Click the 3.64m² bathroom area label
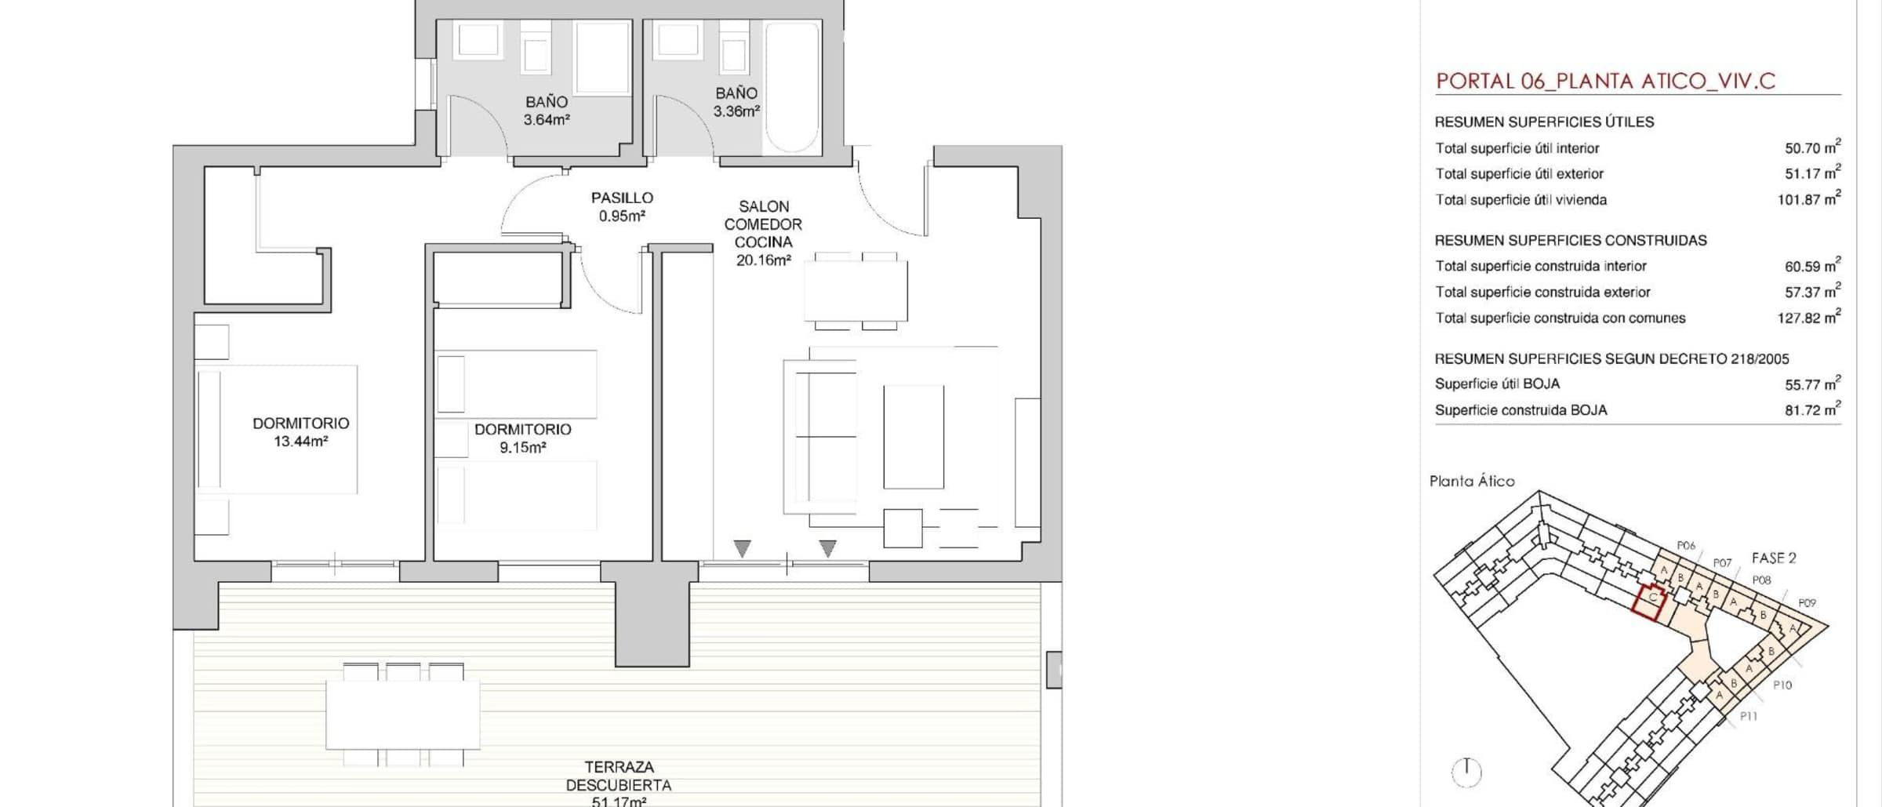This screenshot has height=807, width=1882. click(x=547, y=121)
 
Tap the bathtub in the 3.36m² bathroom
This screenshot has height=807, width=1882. click(x=792, y=87)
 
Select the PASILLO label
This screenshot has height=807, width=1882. click(x=622, y=198)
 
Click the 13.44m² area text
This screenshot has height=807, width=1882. click(x=300, y=442)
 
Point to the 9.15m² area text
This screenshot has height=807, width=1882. click(x=522, y=448)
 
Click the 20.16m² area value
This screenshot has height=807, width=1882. click(x=763, y=260)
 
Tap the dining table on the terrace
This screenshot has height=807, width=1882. click(x=403, y=714)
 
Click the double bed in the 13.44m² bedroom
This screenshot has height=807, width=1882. click(x=276, y=429)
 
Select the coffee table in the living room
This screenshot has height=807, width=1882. click(x=914, y=437)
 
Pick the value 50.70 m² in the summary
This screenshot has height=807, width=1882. click(x=1812, y=147)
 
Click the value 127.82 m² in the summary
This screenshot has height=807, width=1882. click(x=1808, y=318)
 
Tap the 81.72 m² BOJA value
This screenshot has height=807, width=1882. click(x=1812, y=409)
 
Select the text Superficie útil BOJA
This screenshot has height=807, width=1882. click(x=1497, y=384)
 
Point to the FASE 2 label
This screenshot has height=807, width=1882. click(x=1774, y=558)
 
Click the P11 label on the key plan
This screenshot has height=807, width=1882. click(x=1749, y=716)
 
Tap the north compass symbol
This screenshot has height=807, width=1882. click(x=1466, y=772)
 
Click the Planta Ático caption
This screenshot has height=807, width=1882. click(x=1472, y=482)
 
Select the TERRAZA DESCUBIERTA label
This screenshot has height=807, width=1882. click(x=619, y=776)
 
